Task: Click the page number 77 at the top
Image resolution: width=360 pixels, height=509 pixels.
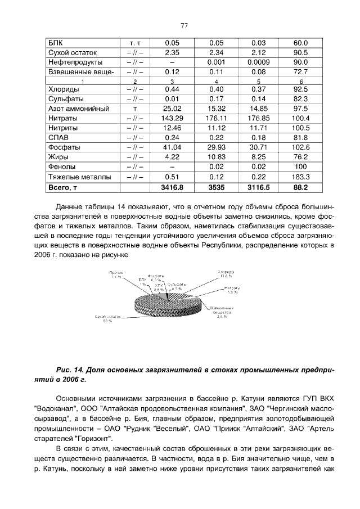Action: click(183, 25)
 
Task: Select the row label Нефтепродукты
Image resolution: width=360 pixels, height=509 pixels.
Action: click(75, 62)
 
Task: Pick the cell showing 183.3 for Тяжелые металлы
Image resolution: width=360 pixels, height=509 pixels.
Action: click(301, 176)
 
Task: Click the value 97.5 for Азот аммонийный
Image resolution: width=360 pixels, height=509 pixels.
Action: click(301, 109)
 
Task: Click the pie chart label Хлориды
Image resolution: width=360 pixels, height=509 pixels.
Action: click(226, 272)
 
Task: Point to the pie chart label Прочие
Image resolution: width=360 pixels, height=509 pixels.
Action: click(116, 273)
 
